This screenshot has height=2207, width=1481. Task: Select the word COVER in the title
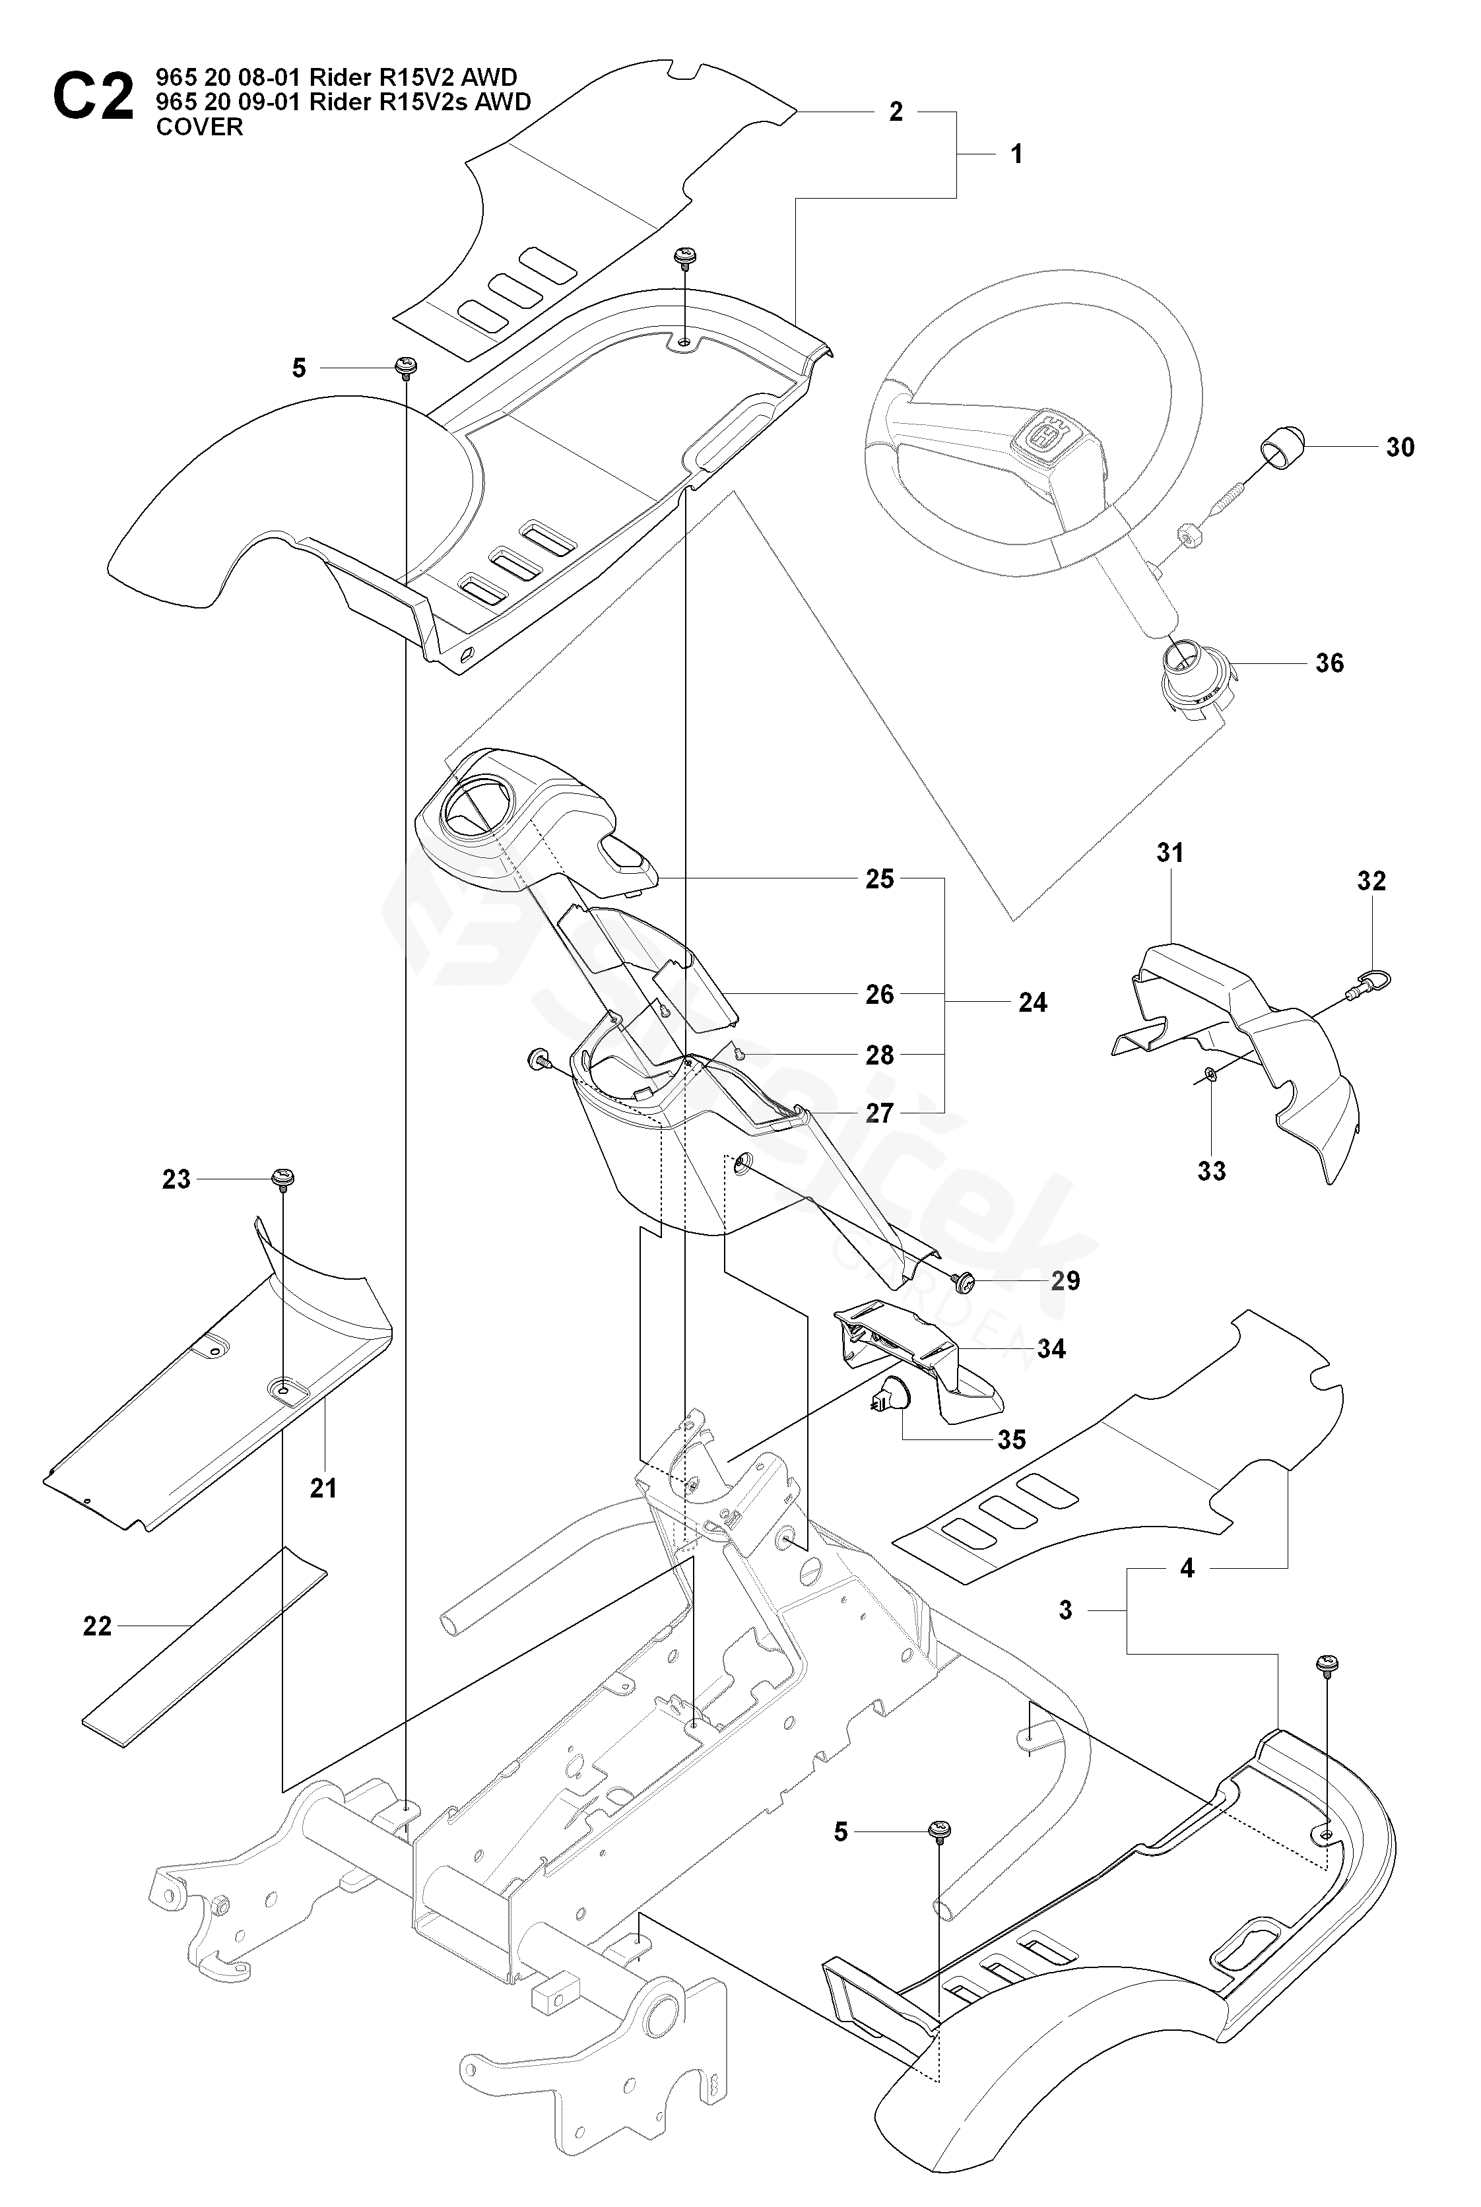point(199,127)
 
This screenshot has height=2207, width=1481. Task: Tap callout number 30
point(1400,447)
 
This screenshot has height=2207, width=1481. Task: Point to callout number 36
point(1329,663)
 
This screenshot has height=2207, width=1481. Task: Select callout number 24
point(1032,1003)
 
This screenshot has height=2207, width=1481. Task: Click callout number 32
point(1371,881)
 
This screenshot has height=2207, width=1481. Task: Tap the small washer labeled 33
point(1211,1074)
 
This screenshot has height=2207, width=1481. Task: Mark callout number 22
point(97,1626)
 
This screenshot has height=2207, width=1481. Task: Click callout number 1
point(1016,154)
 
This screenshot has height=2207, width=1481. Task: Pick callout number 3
point(1065,1611)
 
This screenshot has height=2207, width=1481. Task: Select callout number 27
point(879,1113)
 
